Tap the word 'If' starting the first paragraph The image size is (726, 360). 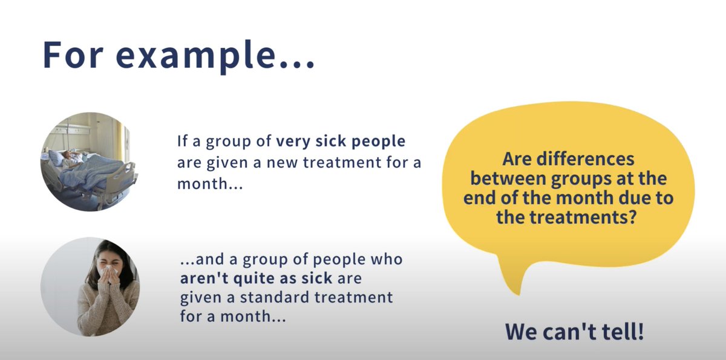[183, 142]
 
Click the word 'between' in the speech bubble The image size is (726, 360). [508, 179]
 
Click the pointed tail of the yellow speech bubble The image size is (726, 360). [514, 287]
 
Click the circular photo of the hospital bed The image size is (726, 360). [89, 162]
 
